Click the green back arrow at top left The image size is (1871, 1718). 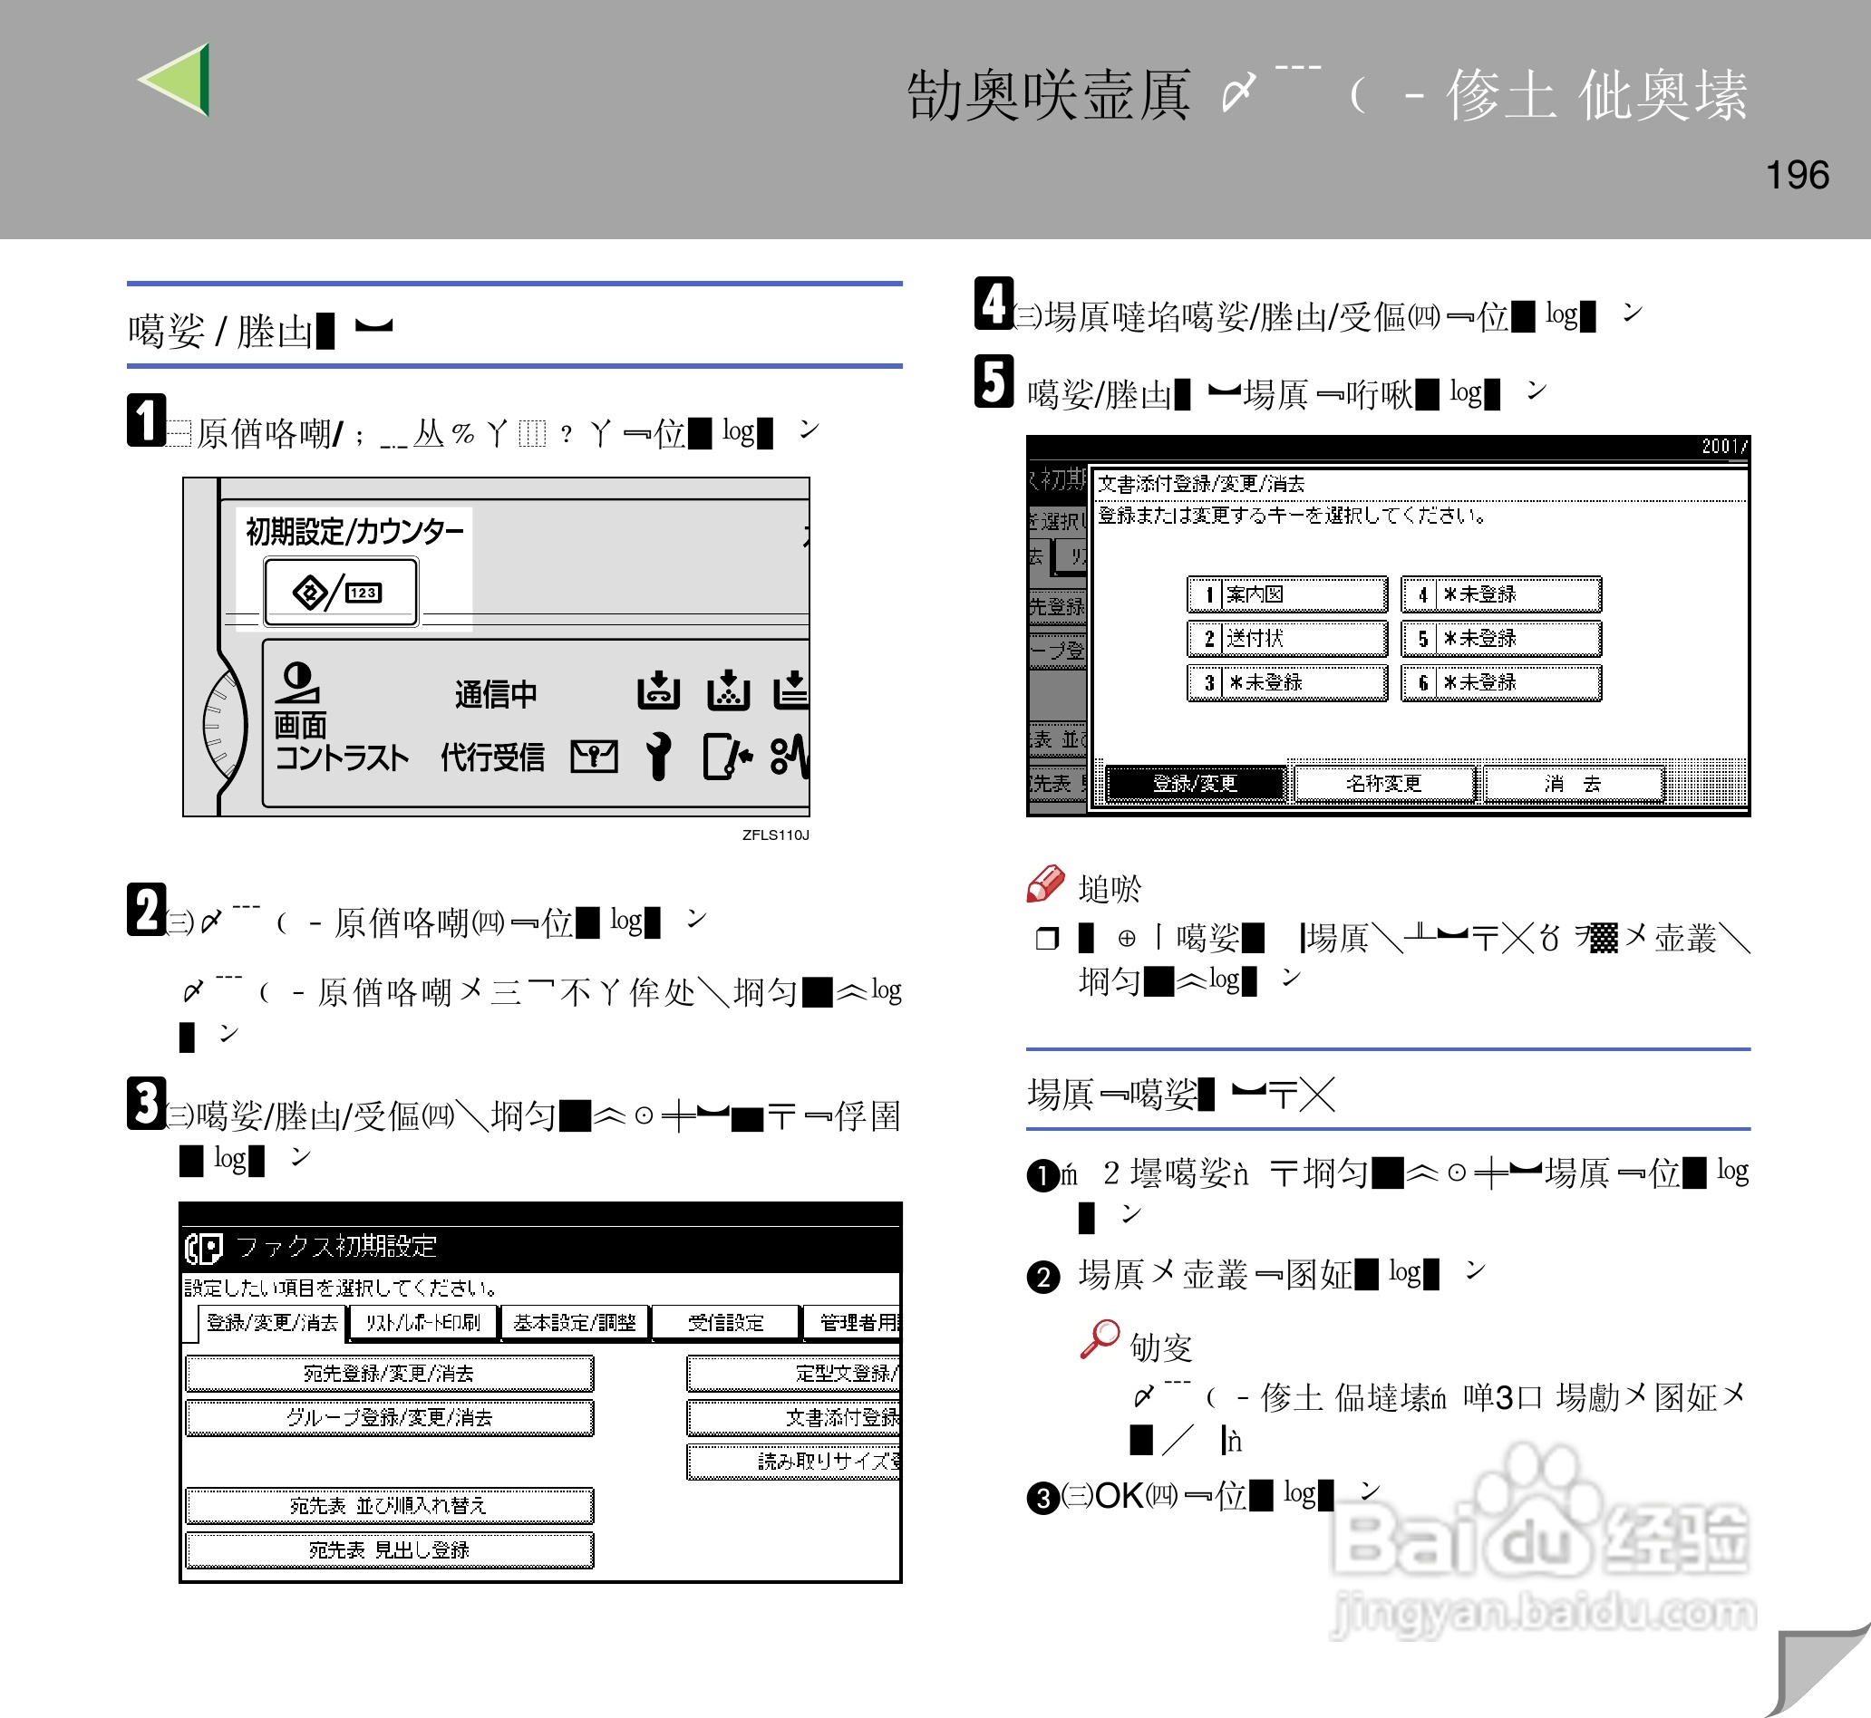179,80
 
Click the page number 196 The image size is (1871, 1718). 1797,175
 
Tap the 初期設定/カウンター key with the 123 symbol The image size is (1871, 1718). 341,592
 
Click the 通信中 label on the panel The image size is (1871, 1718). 496,693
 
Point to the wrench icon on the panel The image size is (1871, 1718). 658,756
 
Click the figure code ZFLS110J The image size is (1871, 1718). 776,835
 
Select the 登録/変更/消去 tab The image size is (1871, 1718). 272,1322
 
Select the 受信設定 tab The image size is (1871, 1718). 725,1322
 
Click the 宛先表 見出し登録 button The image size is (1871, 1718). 389,1549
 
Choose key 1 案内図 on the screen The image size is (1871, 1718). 1287,594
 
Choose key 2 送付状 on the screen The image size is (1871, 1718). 1287,638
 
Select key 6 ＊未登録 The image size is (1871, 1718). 1501,682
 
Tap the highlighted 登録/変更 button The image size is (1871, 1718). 1195,783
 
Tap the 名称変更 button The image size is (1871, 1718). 1383,783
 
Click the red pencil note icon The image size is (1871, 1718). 1045,884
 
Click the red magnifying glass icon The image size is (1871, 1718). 1101,1338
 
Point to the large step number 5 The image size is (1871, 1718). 994,381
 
